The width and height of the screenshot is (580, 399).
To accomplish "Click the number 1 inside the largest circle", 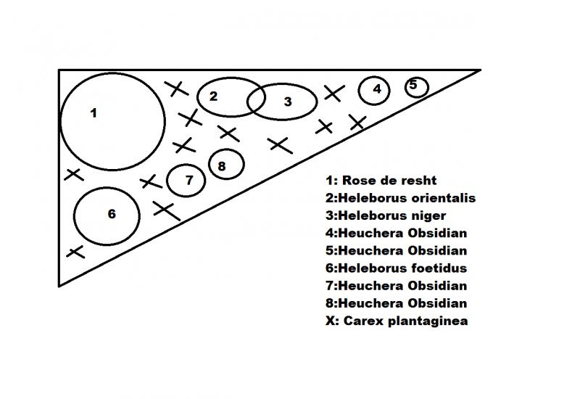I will pos(93,112).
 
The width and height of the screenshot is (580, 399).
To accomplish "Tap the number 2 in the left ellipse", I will pos(213,96).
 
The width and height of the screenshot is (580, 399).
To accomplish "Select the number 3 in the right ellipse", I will pos(287,102).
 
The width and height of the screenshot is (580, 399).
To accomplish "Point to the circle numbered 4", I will pos(376,90).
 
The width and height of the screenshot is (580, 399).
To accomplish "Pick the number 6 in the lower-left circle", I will pos(112,214).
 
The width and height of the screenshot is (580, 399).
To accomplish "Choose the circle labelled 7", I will pos(188,181).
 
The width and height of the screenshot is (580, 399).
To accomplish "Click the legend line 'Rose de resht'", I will pos(381,180).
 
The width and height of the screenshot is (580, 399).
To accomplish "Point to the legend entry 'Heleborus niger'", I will pos(386,215).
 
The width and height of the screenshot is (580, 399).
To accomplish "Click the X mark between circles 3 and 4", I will pos(333,93).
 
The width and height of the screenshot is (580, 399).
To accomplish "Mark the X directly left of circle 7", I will pos(150,181).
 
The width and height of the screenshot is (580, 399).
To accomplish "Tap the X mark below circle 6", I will pos(75,252).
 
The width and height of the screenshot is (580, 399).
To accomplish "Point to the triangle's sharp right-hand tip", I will pos(478,71).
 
